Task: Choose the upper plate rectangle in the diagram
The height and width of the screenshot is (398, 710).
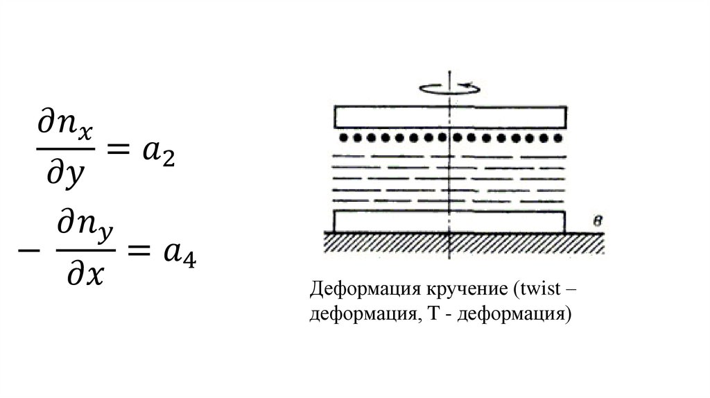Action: (x=451, y=116)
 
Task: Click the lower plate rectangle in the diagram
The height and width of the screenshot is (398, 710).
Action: (x=449, y=221)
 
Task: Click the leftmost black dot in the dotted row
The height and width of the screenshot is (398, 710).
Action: (x=342, y=138)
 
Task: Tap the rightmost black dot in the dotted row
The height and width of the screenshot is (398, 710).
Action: (x=559, y=138)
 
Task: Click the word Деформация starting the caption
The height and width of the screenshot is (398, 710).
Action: (x=352, y=288)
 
